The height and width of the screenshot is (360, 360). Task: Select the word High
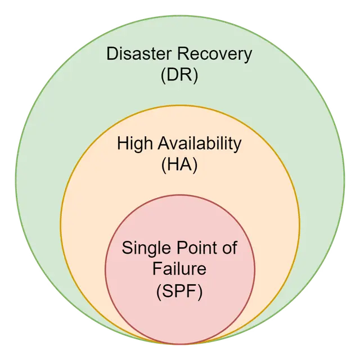tap(134, 143)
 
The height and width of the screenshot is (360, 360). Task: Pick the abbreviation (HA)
tap(179, 165)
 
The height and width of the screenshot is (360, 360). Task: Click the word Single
tap(144, 248)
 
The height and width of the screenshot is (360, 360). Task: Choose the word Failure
tap(179, 269)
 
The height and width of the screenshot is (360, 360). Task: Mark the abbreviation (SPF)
tap(179, 291)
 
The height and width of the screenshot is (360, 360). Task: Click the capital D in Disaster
tap(112, 55)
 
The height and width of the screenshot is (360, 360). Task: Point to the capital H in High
tap(123, 143)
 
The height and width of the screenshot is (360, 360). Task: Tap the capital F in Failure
tap(156, 269)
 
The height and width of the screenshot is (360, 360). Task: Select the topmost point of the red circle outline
tap(180, 195)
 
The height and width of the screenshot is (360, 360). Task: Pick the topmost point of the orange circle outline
tap(180, 105)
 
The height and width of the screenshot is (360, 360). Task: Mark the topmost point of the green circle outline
tap(180, 15)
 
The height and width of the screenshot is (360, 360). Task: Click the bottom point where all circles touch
tap(180, 344)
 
